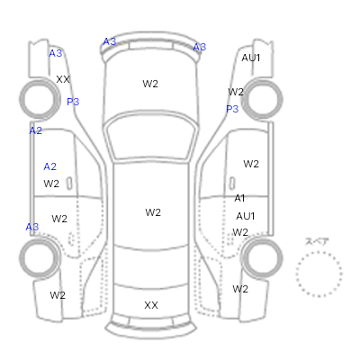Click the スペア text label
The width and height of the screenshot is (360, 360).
click(317, 241)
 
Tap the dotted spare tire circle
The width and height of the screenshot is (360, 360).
click(296, 274)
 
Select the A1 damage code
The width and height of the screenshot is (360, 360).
click(239, 198)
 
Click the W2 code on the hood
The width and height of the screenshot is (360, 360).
click(150, 84)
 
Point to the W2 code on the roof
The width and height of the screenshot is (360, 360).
click(153, 212)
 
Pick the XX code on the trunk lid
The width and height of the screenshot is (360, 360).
click(151, 305)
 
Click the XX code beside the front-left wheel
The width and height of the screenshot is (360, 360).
click(63, 79)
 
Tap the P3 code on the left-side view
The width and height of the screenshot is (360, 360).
click(73, 102)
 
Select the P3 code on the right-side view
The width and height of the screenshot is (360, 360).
click(232, 109)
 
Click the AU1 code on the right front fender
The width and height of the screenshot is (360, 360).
click(251, 58)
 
